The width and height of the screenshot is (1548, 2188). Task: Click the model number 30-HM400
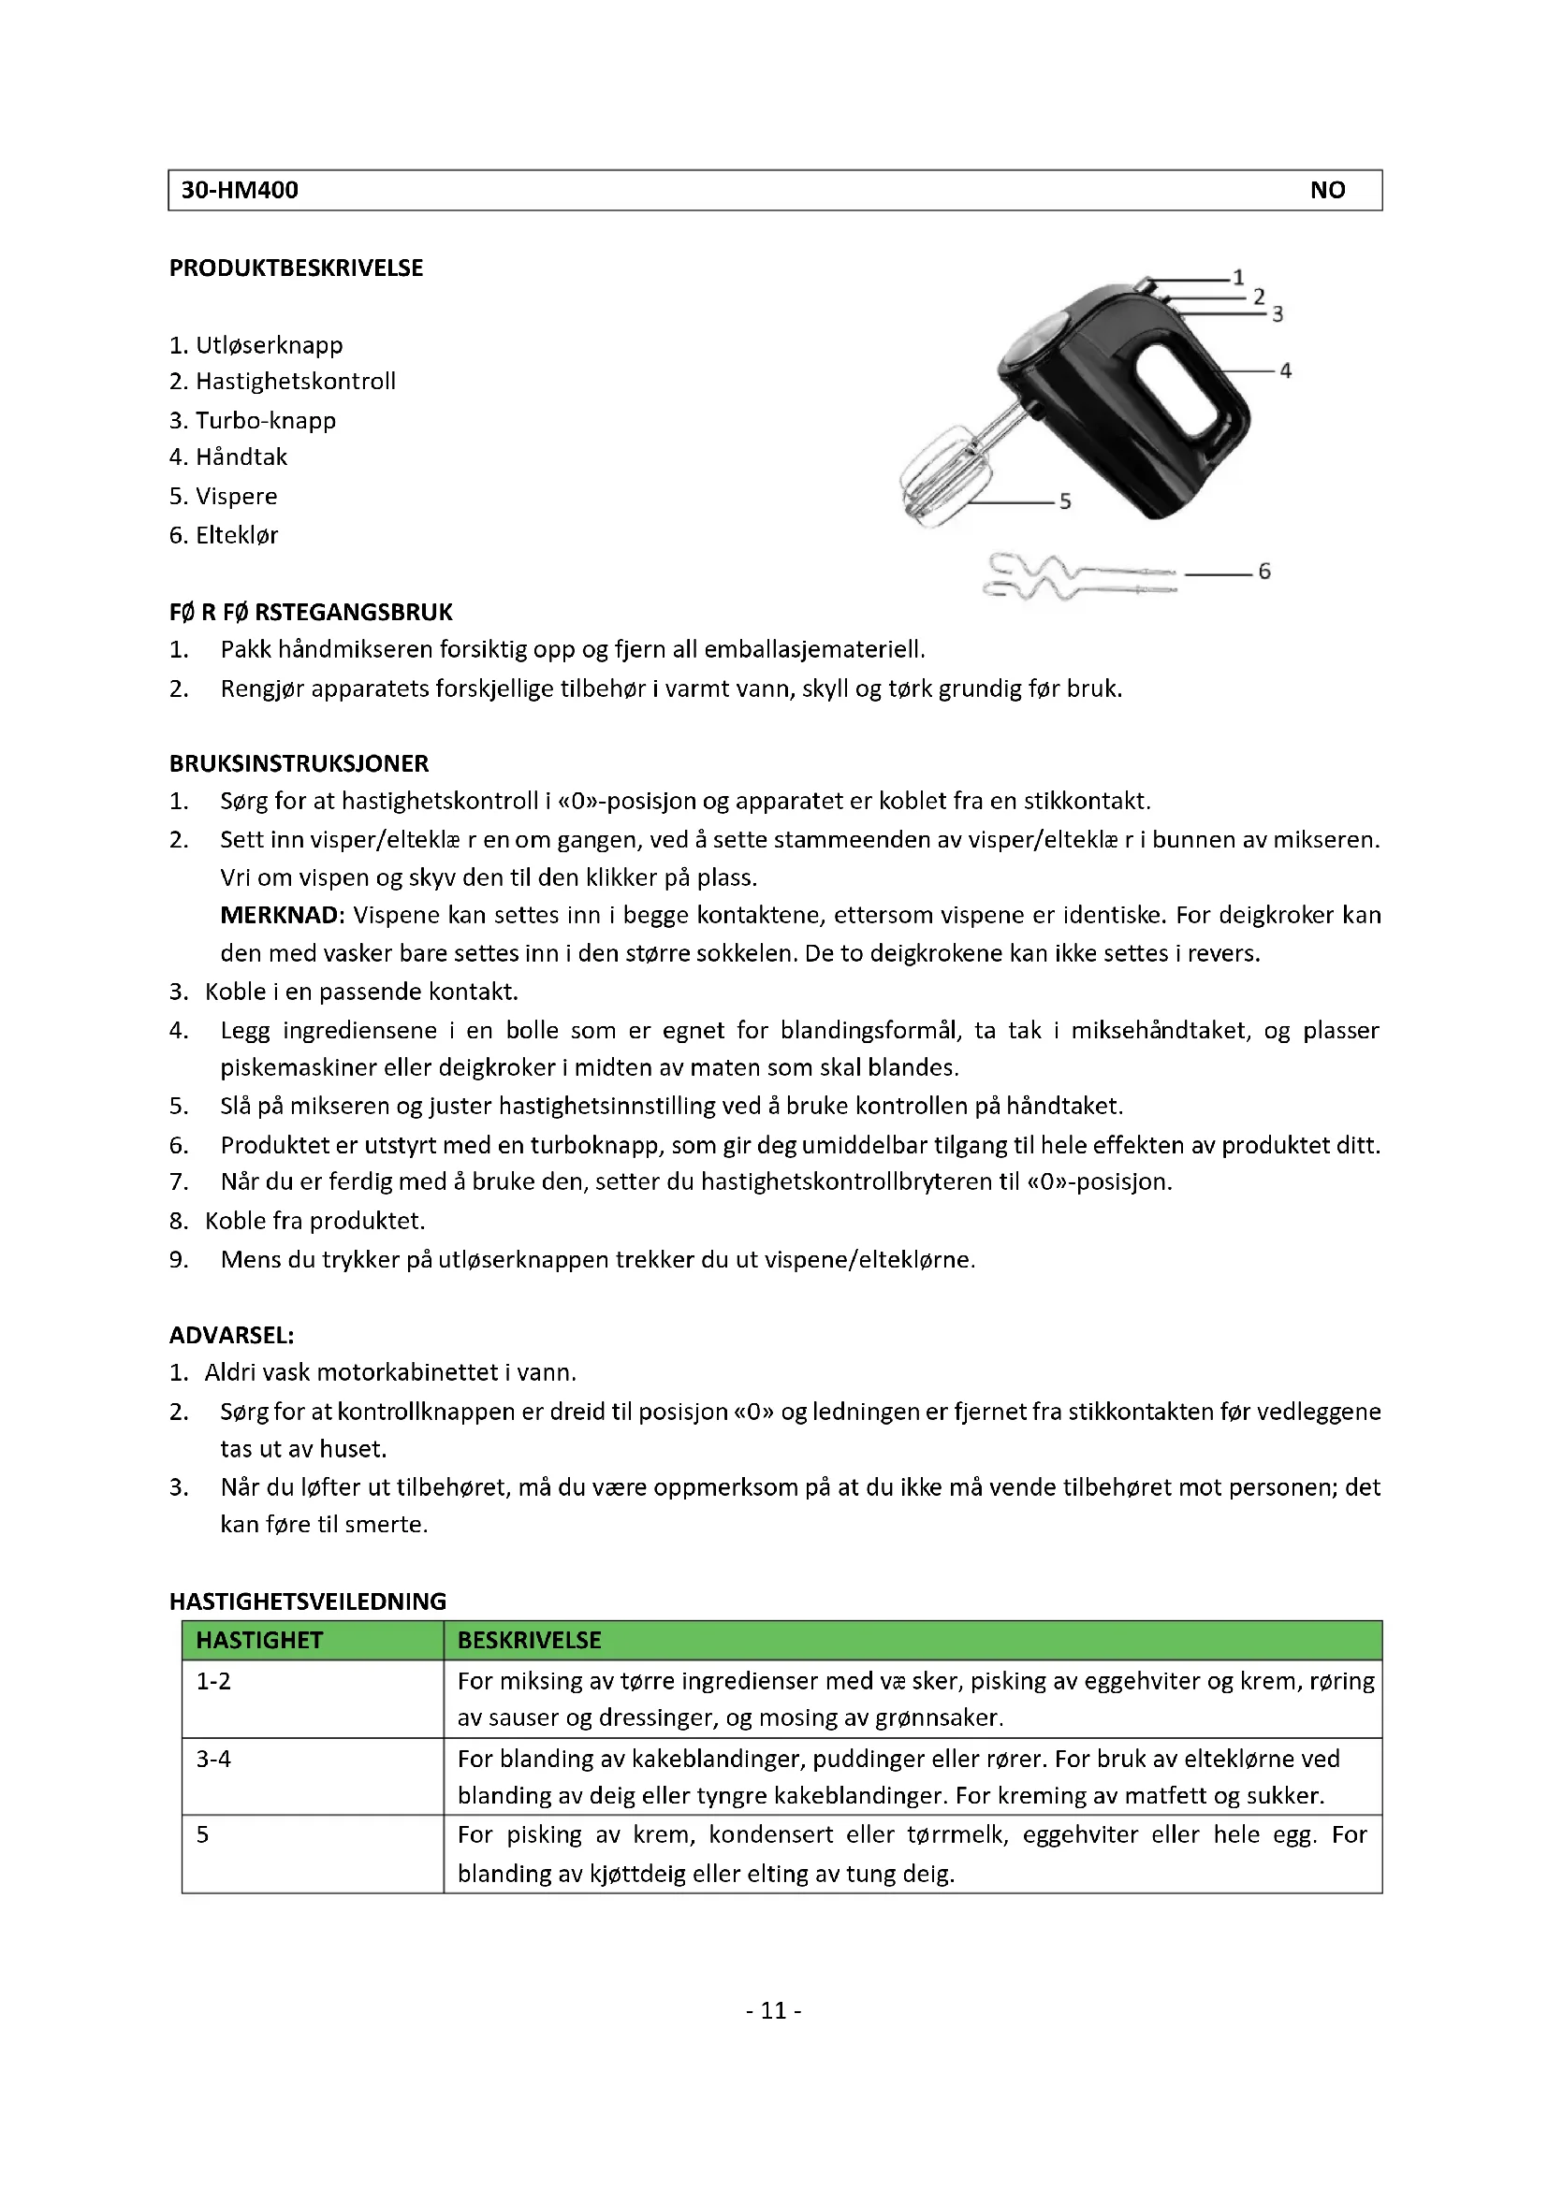click(240, 191)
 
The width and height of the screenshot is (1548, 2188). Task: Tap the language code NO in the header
click(1327, 191)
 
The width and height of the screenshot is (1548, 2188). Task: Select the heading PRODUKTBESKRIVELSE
click(296, 268)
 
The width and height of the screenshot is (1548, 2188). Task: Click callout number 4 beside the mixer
click(1285, 370)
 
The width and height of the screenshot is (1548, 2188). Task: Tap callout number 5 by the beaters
click(1065, 501)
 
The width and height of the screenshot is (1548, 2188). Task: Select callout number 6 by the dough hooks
click(1263, 572)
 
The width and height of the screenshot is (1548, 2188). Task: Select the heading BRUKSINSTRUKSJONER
click(299, 763)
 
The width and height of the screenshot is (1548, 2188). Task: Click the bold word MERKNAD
click(280, 916)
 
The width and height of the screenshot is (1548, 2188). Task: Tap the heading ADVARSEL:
click(231, 1335)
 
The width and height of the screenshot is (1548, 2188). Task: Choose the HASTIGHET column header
click(259, 1641)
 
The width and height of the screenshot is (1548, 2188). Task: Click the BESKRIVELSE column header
click(529, 1641)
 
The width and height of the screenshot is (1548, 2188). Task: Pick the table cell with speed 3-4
click(213, 1760)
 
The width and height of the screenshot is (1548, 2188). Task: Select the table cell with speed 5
click(202, 1835)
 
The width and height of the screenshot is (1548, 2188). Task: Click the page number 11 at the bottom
click(773, 2011)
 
